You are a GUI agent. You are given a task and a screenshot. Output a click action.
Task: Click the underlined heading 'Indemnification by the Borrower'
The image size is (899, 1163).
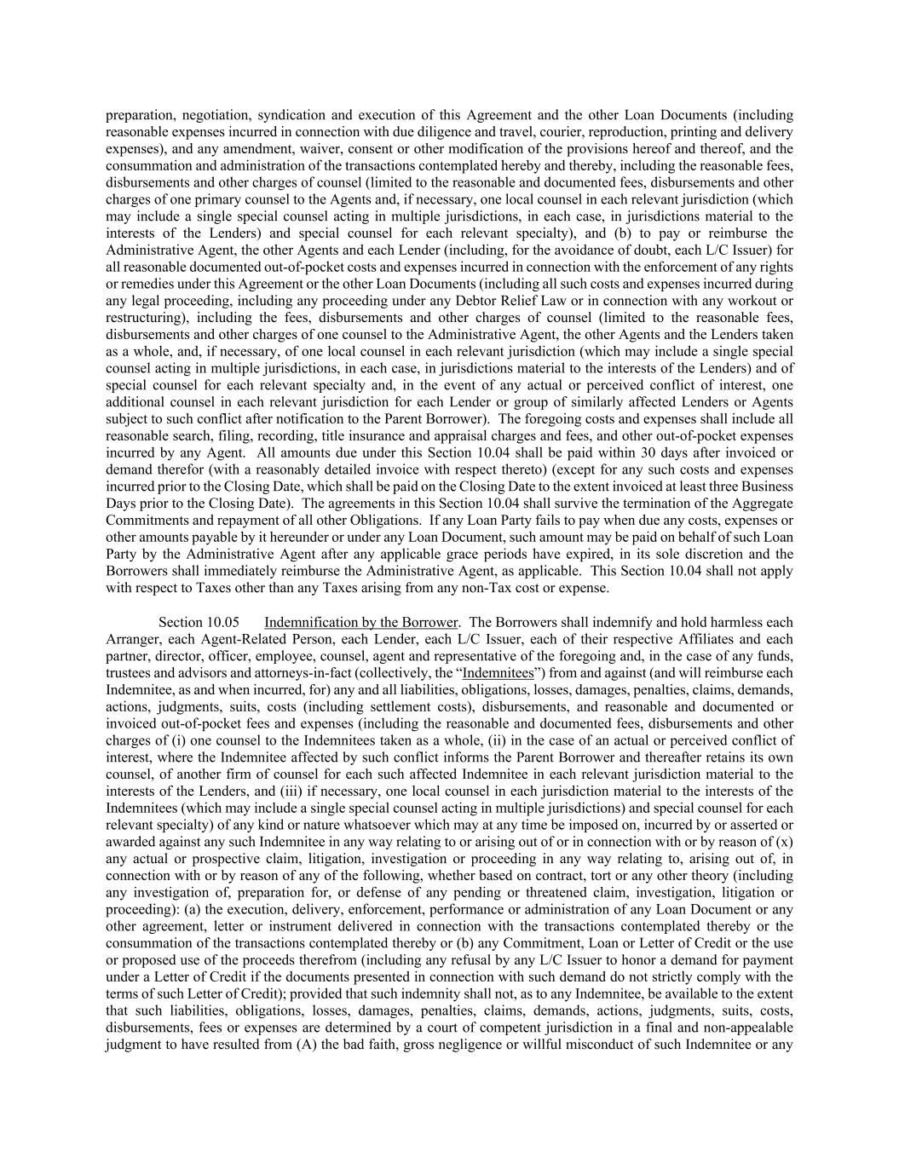pos(360,622)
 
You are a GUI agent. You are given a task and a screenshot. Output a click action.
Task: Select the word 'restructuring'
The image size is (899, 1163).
pos(142,318)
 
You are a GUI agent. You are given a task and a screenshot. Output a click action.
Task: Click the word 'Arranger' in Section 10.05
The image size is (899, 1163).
pos(130,639)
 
